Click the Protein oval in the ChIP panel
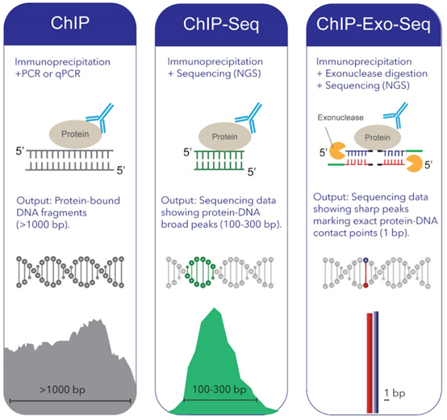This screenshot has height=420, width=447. tap(80, 133)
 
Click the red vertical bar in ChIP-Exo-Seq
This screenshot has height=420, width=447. tap(367, 359)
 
